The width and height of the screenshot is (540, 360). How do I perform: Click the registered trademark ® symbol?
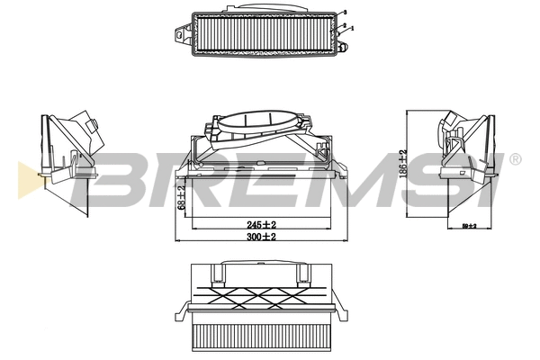point(514,158)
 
